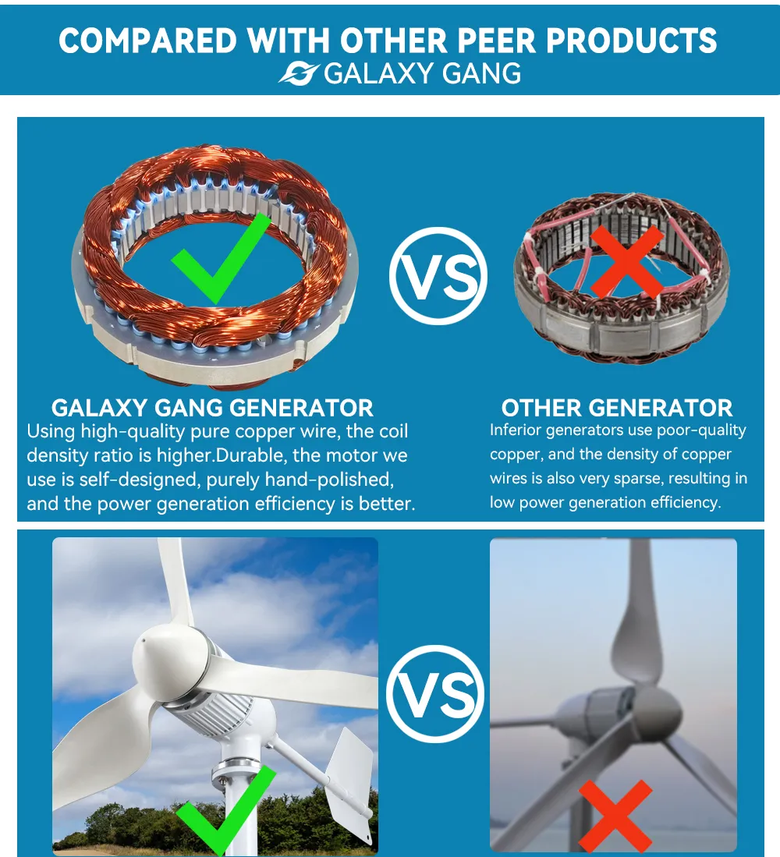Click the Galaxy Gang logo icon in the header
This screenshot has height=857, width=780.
pyautogui.click(x=299, y=74)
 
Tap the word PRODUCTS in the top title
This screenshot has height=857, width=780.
pyautogui.click(x=631, y=41)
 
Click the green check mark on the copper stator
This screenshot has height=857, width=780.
pyautogui.click(x=221, y=259)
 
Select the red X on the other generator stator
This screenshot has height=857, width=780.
pyautogui.click(x=627, y=262)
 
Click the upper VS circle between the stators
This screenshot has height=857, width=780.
pyautogui.click(x=438, y=276)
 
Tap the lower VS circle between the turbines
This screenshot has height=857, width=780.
pyautogui.click(x=435, y=693)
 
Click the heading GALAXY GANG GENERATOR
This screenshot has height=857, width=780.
pyautogui.click(x=212, y=408)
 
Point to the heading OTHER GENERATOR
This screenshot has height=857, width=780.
pyautogui.click(x=616, y=408)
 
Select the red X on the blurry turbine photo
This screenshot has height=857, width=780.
pyautogui.click(x=615, y=816)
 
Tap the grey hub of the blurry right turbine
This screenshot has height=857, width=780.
pyautogui.click(x=655, y=714)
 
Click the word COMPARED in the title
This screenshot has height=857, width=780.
pyautogui.click(x=147, y=41)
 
